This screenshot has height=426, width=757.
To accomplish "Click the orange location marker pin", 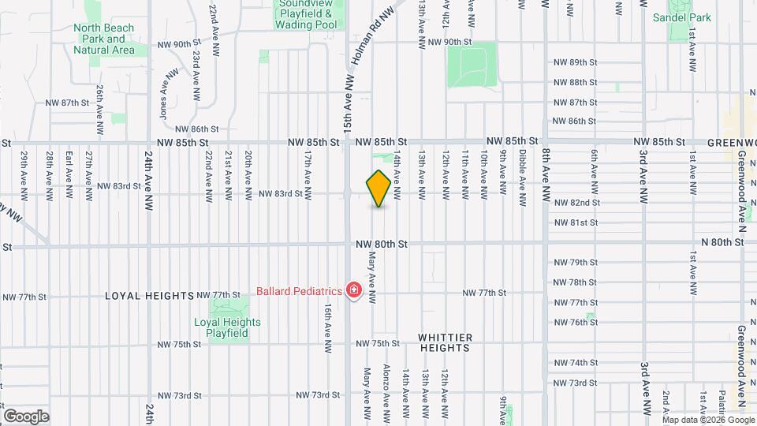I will click(x=378, y=189).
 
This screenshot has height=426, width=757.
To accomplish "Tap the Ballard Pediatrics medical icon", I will click(x=354, y=291).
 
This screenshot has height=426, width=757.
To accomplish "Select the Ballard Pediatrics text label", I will click(x=300, y=291).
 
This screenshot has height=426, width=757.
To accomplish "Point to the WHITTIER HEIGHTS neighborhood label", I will click(x=446, y=342).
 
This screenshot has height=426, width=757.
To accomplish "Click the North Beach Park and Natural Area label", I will click(x=103, y=39).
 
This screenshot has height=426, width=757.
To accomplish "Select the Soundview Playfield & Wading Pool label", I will click(x=306, y=14).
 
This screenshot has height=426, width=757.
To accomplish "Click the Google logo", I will click(x=26, y=416).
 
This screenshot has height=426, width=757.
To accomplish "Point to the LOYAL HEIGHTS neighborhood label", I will click(x=149, y=296).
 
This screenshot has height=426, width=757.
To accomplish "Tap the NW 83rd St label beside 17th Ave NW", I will click(x=281, y=193).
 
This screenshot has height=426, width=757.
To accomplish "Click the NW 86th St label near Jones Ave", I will click(x=196, y=129).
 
